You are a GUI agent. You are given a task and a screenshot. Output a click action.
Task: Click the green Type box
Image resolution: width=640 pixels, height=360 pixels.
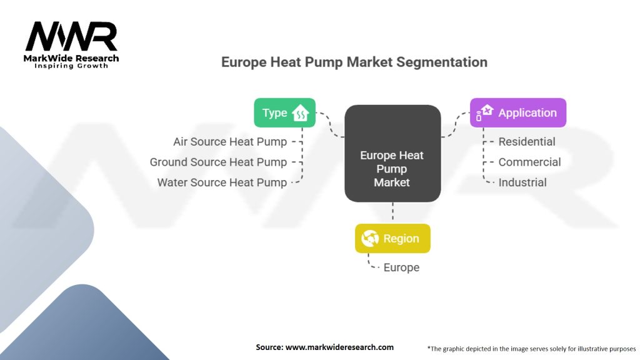tap(284, 112)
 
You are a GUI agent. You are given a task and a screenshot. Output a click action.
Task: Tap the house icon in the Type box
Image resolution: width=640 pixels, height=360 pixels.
tap(300, 113)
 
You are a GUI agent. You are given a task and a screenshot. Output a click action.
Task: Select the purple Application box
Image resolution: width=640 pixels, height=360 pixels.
tap(518, 112)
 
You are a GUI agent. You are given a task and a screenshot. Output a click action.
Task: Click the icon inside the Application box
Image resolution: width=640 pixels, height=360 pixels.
tap(484, 112)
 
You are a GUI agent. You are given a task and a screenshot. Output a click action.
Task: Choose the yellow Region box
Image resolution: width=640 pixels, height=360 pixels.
tap(392, 238)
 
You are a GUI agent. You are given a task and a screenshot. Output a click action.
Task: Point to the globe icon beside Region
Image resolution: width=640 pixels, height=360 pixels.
tap(370, 238)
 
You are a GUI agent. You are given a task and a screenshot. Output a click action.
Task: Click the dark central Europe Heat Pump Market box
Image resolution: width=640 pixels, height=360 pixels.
tap(392, 154)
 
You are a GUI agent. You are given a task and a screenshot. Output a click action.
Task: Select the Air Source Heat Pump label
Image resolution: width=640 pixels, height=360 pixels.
tap(230, 142)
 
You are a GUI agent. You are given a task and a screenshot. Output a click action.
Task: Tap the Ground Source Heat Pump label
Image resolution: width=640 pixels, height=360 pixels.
tap(218, 162)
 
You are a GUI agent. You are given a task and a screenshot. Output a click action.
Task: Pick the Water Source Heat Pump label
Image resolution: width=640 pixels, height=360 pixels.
tap(222, 182)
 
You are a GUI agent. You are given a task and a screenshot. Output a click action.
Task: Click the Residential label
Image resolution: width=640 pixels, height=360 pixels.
tap(527, 142)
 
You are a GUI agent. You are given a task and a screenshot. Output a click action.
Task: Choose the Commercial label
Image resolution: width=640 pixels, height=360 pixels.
tap(529, 162)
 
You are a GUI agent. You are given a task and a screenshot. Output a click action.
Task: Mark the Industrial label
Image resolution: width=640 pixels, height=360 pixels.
tap(522, 182)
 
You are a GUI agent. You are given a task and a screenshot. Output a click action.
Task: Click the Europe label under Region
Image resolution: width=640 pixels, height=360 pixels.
tap(401, 267)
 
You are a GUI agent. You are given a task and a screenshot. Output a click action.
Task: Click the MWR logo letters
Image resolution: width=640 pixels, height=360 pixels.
tap(71, 36)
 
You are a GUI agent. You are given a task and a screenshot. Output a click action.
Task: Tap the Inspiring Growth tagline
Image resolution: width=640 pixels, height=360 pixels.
tap(71, 66)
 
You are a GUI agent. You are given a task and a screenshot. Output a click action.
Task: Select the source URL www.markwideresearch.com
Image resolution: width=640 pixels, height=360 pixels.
tap(339, 347)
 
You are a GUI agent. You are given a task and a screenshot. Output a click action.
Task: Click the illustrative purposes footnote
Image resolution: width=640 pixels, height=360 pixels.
tap(531, 349)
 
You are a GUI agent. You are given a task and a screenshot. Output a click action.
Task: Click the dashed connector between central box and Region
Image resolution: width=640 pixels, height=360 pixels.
tap(392, 211)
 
